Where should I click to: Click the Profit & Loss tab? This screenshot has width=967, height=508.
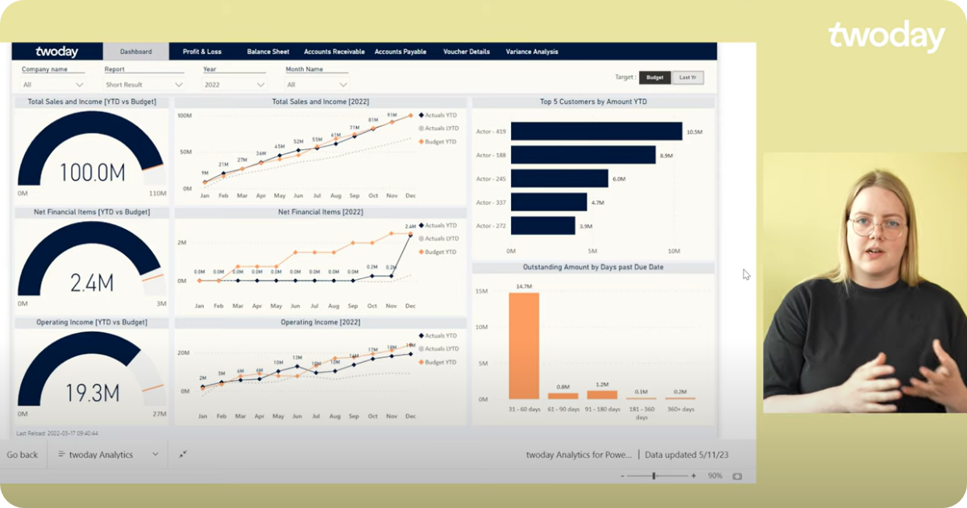tap(201, 52)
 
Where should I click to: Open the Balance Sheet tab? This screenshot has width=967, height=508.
tap(268, 52)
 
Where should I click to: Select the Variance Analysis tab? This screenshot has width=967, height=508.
tap(532, 52)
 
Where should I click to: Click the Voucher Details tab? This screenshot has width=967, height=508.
tap(467, 52)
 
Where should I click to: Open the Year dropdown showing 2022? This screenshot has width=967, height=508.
tap(234, 85)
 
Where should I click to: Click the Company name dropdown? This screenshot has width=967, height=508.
tap(53, 85)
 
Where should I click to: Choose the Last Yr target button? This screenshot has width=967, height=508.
tap(687, 77)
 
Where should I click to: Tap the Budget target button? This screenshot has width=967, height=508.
tap(654, 77)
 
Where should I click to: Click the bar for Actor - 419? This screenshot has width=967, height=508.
tap(596, 131)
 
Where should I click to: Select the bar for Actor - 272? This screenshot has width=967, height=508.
tap(542, 226)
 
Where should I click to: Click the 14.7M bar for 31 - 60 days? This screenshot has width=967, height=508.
tap(524, 346)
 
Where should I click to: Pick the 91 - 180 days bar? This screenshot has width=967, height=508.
tap(602, 395)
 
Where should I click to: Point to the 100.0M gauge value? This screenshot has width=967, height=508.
tap(92, 173)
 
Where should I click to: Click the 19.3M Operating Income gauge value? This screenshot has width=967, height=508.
tap(92, 393)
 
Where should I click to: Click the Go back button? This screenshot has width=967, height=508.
tap(23, 455)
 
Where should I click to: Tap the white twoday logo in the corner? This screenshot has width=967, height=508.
tap(886, 37)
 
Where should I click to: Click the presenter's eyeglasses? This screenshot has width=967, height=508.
tap(877, 227)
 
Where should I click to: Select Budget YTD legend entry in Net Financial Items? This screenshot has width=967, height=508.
tap(440, 252)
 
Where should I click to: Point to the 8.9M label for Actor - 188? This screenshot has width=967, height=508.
tap(666, 155)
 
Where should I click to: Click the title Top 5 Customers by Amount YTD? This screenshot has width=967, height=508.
tap(593, 102)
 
